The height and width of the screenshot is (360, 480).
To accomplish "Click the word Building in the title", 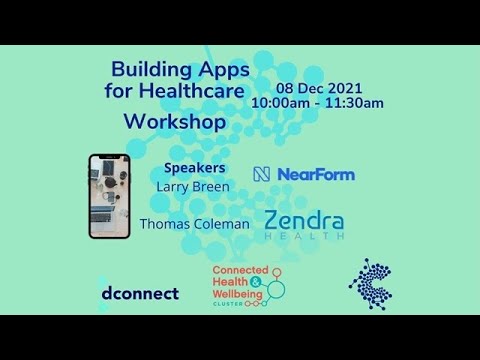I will point(151,71).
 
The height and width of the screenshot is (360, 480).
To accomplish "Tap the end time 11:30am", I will point(352,103).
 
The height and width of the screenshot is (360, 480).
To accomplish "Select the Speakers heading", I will point(194,168).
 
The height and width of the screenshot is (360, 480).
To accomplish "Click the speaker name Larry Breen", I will point(194,186).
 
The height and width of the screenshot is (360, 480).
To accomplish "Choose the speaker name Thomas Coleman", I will point(194,224).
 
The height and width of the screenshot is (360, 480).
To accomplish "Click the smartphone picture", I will point(109,195).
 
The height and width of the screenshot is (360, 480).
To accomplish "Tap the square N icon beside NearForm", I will point(262,175).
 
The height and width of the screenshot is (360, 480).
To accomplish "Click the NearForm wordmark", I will point(316,175).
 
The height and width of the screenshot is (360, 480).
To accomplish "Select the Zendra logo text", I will point(305,221).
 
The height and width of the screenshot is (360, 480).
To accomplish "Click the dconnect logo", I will point(139,293).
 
